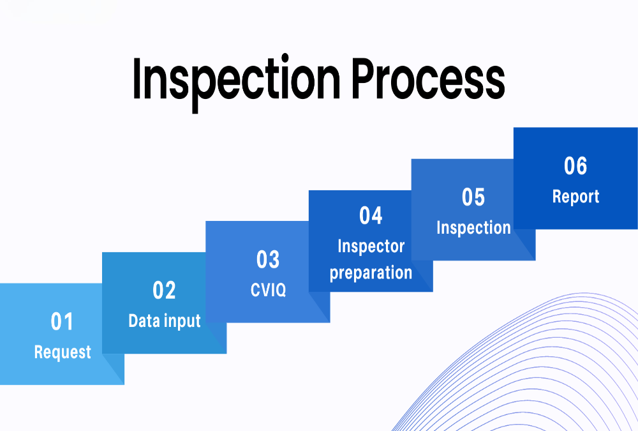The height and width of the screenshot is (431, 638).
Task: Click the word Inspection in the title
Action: tap(236, 80)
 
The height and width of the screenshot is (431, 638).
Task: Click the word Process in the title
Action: tap(429, 80)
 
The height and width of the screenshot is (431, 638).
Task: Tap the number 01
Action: tap(63, 322)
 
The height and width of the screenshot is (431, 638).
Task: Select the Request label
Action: tap(63, 352)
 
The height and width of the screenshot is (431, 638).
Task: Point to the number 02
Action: tap(164, 291)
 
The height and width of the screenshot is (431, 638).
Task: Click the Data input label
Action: tap(164, 321)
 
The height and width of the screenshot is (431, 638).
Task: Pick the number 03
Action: tap(268, 260)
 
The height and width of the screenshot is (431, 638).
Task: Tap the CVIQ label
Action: tap(268, 290)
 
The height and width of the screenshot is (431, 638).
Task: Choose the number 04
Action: tap(371, 216)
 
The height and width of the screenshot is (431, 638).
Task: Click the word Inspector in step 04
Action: tap(371, 246)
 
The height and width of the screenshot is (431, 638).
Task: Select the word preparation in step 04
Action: tap(371, 273)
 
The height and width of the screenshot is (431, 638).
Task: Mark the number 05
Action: tap(473, 197)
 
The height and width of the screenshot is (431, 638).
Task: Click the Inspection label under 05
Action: tap(473, 228)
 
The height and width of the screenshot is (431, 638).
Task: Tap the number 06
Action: tap(575, 166)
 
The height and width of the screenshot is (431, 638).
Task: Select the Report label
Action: tap(575, 197)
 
